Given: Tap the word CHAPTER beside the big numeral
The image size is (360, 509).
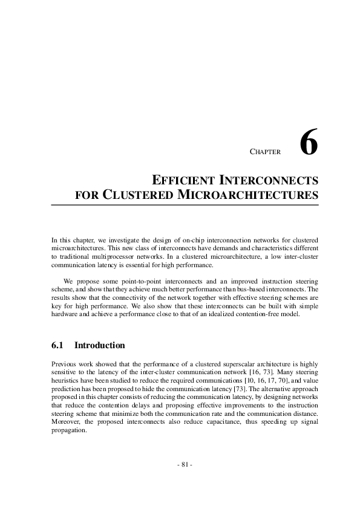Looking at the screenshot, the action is point(265,152).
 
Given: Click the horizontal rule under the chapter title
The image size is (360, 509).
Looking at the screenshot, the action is point(185,206).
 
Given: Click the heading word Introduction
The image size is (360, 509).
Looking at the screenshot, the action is point(99,346).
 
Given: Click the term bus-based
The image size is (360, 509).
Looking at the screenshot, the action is point(249,289).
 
